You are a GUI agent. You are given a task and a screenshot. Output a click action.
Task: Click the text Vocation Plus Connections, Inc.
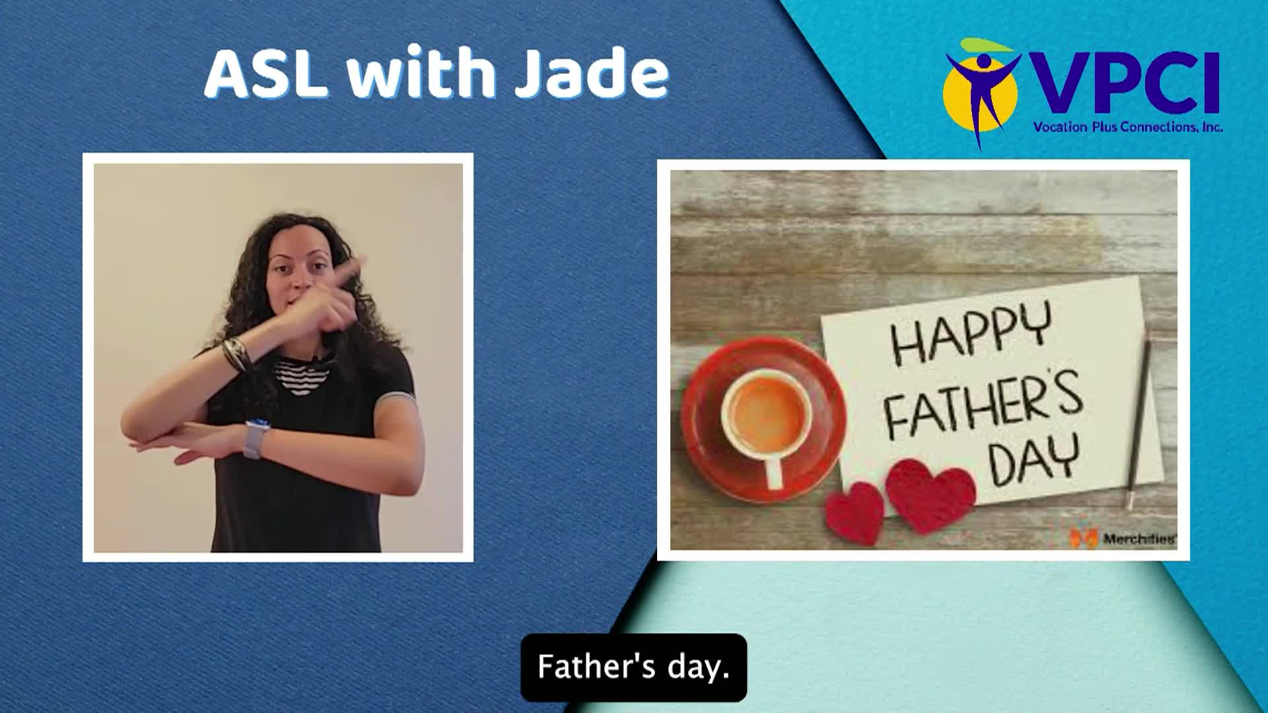[x=1128, y=127]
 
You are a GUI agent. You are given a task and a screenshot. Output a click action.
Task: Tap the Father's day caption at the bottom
[x=633, y=667]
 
